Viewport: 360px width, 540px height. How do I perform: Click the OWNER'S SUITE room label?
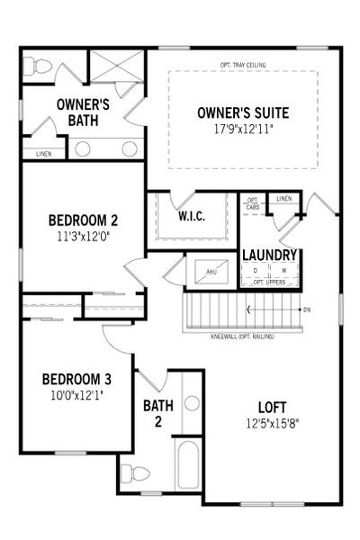[242, 113]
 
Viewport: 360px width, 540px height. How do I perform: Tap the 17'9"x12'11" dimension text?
[242, 129]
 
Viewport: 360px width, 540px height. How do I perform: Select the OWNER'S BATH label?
[83, 112]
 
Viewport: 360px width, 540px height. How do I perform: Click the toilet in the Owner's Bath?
[38, 66]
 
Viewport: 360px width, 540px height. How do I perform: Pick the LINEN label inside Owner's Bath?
[44, 154]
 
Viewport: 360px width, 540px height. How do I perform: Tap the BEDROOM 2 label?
[83, 220]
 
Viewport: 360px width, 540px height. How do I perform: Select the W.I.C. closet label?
[194, 216]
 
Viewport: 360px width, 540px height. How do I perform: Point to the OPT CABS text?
[253, 202]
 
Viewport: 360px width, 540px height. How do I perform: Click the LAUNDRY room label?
[271, 256]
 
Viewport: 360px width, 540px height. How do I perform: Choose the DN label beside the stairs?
[307, 310]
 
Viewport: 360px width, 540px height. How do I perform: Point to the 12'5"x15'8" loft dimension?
[269, 422]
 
